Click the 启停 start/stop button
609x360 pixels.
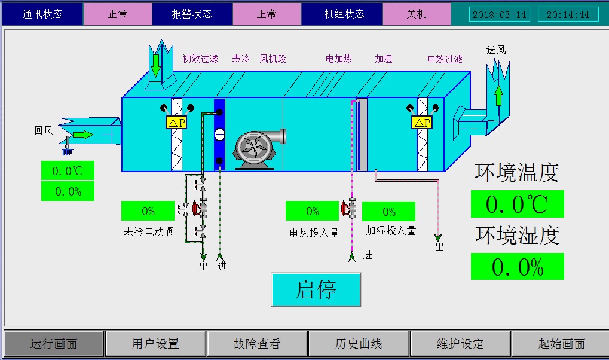click(316, 289)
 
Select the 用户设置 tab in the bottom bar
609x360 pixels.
click(155, 344)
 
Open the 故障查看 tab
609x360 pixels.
click(257, 344)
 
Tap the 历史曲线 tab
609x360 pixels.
click(359, 344)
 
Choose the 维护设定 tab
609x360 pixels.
click(460, 344)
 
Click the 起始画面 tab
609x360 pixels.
click(561, 344)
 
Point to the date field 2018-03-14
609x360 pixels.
click(500, 14)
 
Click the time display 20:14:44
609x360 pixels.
click(568, 14)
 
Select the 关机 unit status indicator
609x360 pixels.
click(417, 14)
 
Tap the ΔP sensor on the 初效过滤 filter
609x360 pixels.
click(176, 123)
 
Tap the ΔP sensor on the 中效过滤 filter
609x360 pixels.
click(422, 123)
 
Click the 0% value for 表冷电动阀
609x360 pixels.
click(148, 211)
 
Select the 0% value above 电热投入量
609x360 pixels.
click(313, 211)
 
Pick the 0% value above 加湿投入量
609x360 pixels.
click(389, 212)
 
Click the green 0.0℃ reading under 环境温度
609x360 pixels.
click(517, 205)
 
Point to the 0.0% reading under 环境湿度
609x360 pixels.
click(517, 267)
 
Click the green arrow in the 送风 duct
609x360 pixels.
click(498, 96)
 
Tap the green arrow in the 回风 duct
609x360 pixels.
click(83, 135)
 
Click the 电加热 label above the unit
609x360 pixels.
click(339, 59)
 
